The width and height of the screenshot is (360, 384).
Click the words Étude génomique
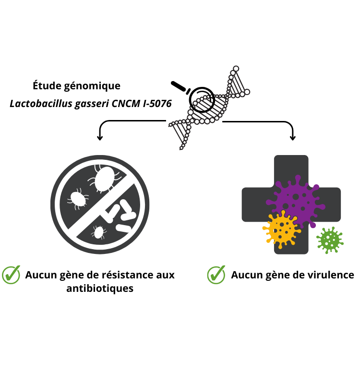pos(76,86)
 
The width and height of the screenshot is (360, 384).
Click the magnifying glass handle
pos(179,85)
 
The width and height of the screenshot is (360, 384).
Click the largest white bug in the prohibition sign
pos(104,179)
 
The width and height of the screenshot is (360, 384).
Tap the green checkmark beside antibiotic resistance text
pos(11,275)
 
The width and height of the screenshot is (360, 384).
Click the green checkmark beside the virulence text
pos(216,275)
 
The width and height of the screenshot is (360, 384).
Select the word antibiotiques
pos(100,289)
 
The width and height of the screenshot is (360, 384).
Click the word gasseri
pos(92,103)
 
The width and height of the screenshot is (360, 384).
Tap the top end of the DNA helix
pos(235,68)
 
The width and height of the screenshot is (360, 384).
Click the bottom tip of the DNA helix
pos(181,148)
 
